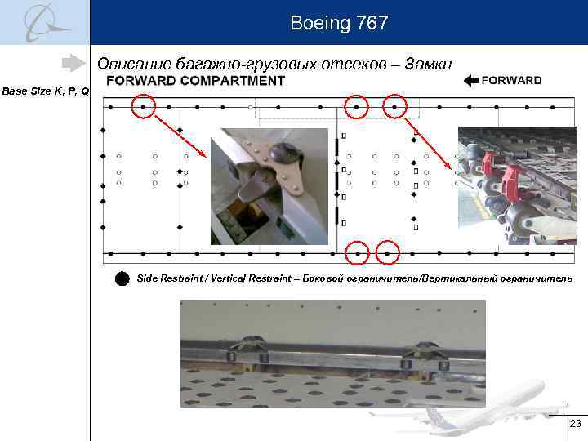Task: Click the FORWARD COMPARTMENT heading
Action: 196,81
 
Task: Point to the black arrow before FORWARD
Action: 470,80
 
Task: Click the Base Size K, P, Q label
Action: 45,91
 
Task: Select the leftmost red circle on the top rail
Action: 144,106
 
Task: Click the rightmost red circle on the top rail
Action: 395,106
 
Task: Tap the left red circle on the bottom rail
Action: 358,254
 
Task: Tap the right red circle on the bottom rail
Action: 387,254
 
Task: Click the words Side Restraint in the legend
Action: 171,278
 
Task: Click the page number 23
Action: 575,424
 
